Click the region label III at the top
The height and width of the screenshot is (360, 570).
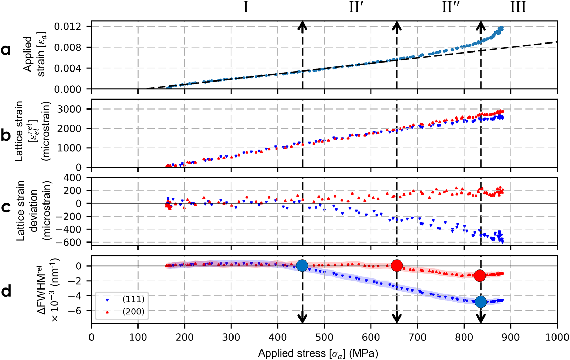518,7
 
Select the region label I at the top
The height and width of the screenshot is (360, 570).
246,7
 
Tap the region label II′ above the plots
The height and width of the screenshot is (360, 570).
355,7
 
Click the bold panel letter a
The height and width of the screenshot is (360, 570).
6,50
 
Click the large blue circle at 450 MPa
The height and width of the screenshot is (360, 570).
302,266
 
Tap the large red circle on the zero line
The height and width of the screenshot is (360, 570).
397,265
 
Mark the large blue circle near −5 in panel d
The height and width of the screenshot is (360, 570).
481,302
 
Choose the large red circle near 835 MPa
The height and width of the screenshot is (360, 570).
480,275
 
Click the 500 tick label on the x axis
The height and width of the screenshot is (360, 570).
324,337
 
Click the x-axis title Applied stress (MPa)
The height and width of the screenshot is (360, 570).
318,353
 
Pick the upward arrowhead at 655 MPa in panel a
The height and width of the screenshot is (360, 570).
397,25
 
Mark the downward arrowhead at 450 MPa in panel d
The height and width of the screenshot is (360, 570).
303,318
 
